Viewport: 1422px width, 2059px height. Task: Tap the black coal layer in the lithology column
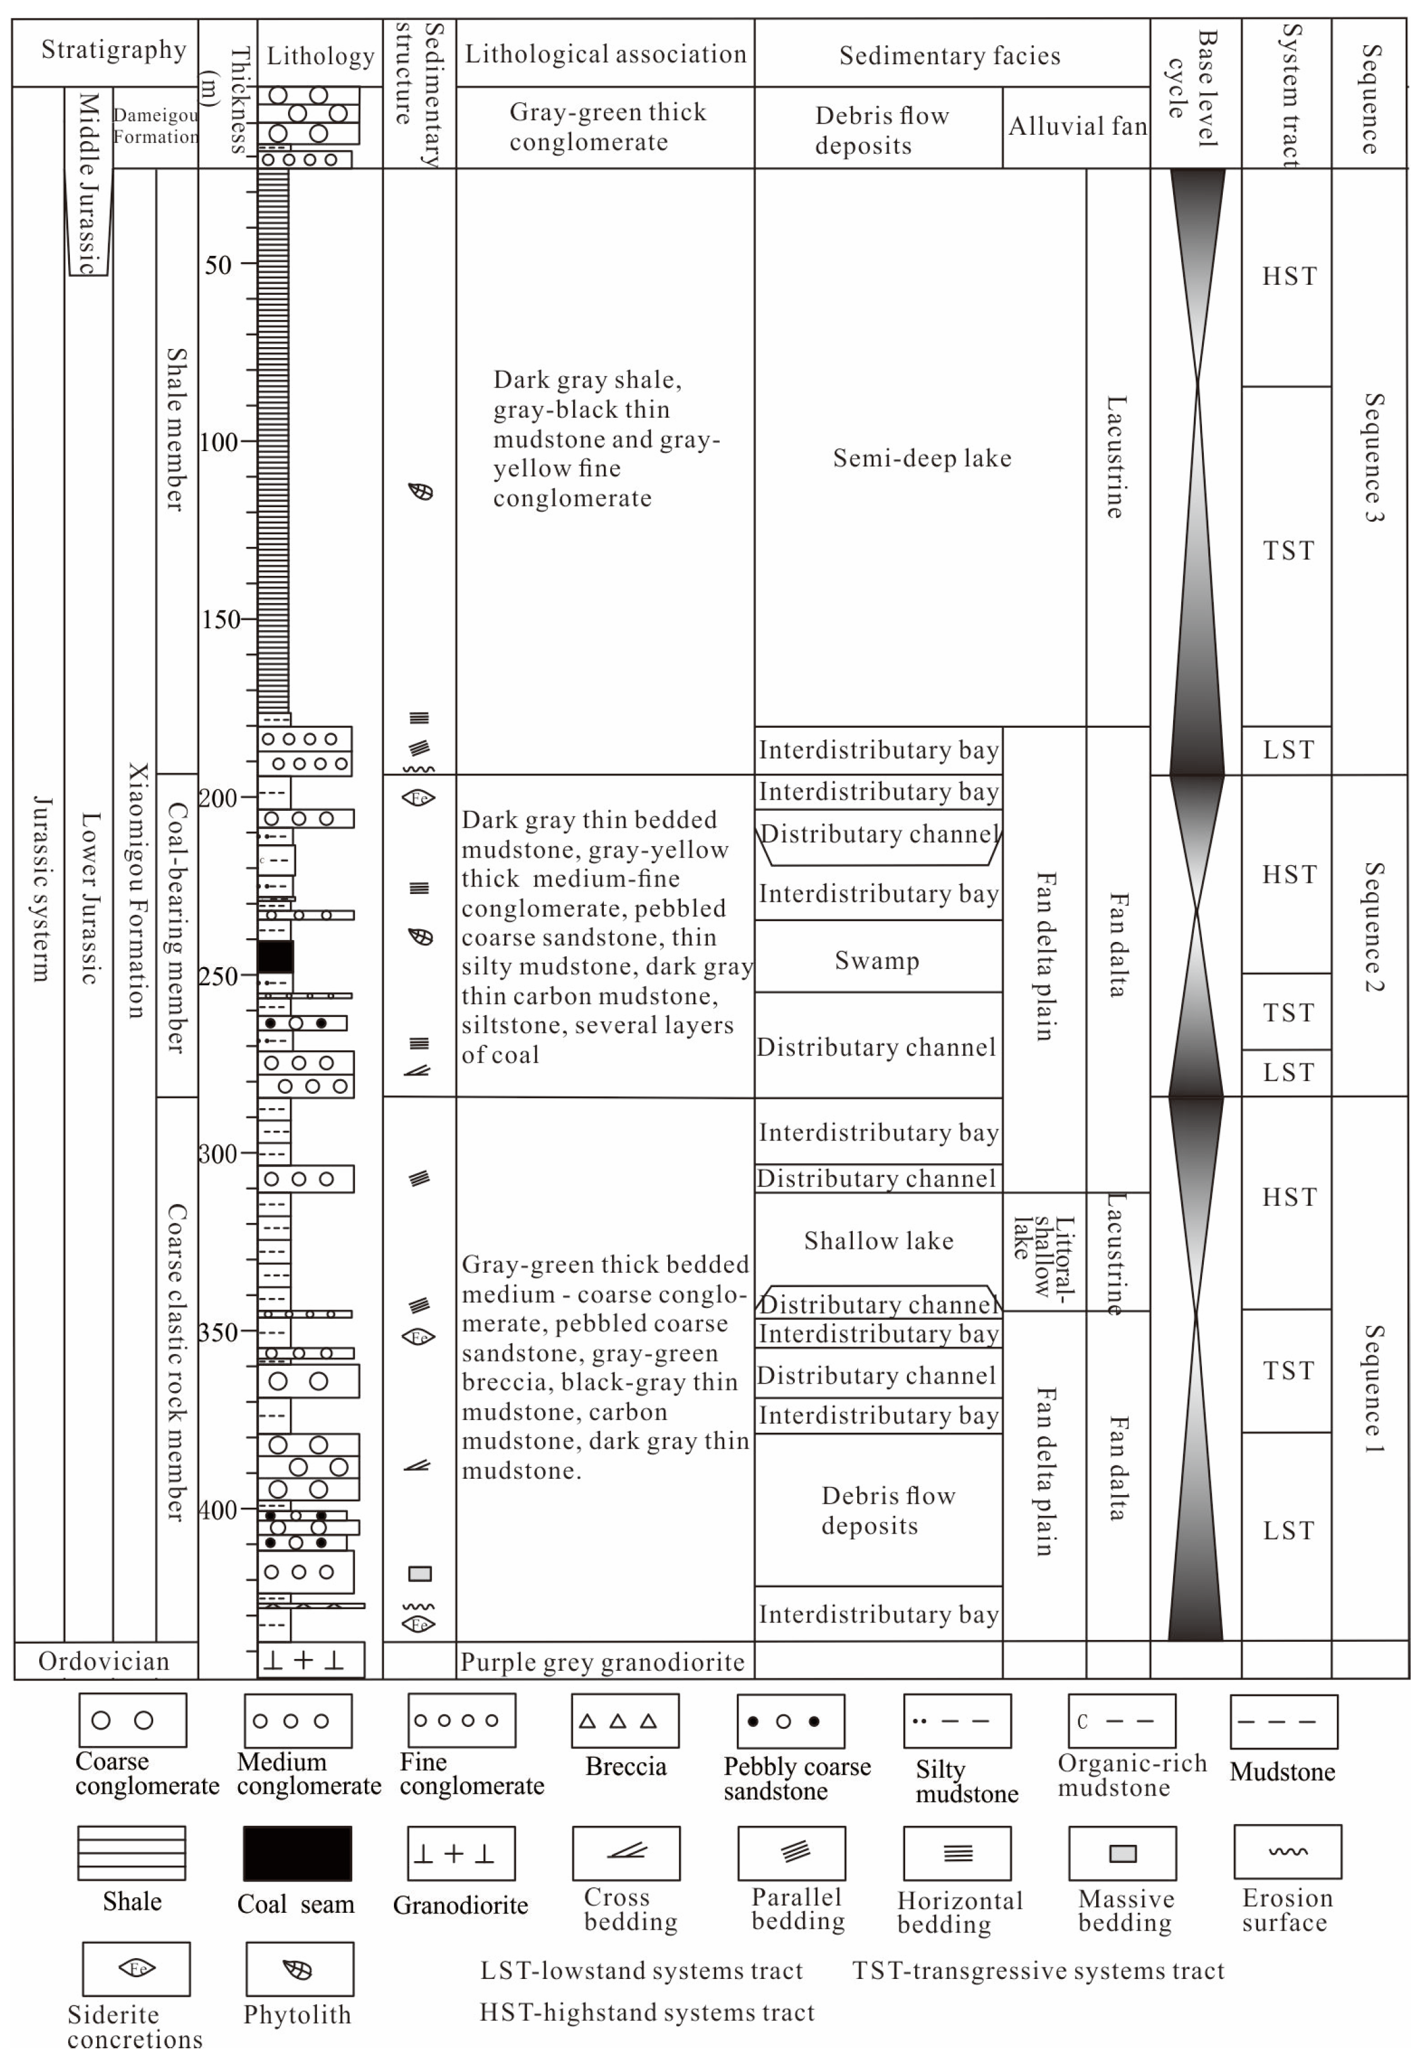(275, 956)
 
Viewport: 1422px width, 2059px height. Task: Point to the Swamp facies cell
(877, 960)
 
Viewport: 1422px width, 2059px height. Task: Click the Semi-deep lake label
(922, 458)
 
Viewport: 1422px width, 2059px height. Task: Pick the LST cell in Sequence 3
(1288, 750)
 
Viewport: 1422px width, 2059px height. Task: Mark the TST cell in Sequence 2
(1288, 1012)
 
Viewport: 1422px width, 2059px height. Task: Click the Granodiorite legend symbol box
(461, 1853)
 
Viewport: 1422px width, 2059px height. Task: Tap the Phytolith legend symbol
(298, 1969)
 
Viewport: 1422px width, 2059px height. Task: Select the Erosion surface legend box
(1288, 1852)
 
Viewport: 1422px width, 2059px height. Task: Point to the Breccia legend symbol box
(625, 1721)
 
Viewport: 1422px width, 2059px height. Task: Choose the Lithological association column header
(605, 54)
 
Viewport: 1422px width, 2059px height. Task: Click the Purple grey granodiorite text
(603, 1662)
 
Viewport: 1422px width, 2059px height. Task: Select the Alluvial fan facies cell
(1077, 127)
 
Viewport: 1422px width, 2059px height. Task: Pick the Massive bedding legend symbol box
(1123, 1853)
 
